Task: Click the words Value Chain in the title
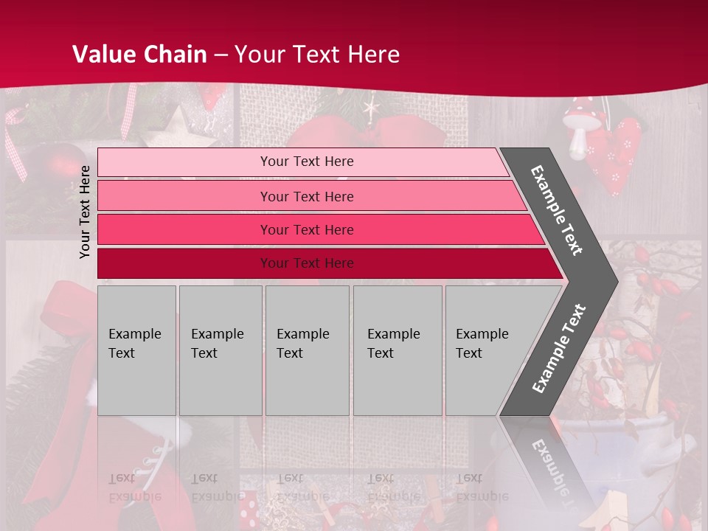(139, 54)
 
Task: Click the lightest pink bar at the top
(184, 162)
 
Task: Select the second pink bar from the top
(184, 196)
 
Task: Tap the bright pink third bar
(184, 229)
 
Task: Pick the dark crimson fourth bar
(184, 263)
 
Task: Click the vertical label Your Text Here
(85, 212)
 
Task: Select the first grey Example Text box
(136, 350)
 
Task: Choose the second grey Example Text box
(221, 350)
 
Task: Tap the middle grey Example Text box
(307, 350)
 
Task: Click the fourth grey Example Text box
(398, 350)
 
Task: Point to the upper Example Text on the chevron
(557, 210)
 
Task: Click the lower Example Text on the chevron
(558, 348)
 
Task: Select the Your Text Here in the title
(317, 54)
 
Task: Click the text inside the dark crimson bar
(307, 263)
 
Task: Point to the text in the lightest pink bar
(307, 162)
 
